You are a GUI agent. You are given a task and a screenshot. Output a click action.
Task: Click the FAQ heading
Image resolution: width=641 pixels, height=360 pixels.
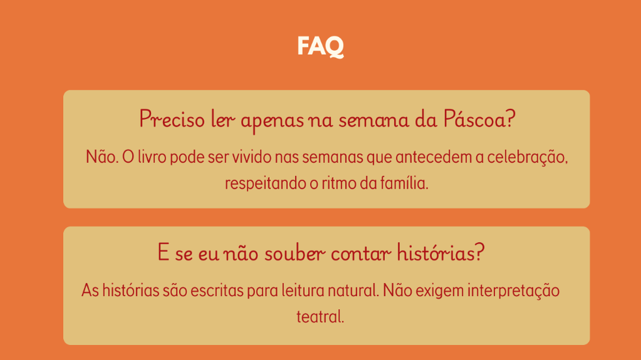pyautogui.click(x=320, y=46)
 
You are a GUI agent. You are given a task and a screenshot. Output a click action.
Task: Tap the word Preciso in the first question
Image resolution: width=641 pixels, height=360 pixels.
pyautogui.click(x=172, y=119)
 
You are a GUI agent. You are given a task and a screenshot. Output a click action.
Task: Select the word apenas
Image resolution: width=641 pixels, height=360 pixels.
pyautogui.click(x=272, y=121)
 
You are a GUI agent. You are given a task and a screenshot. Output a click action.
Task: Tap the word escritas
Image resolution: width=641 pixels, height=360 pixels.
pyautogui.click(x=217, y=291)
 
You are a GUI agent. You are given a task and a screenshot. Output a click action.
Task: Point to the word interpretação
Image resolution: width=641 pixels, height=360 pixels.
pyautogui.click(x=513, y=292)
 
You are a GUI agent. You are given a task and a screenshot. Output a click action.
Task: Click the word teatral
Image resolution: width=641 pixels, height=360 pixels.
pyautogui.click(x=320, y=317)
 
